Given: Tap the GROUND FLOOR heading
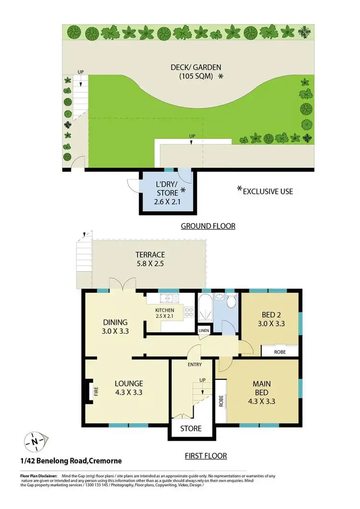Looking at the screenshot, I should tap(208, 226).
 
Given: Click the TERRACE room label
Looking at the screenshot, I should tap(150, 255).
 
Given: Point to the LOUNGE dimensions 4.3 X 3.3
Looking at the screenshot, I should tap(128, 392).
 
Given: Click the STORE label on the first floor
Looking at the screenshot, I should tap(191, 428).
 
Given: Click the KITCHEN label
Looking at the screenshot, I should tap(164, 310).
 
